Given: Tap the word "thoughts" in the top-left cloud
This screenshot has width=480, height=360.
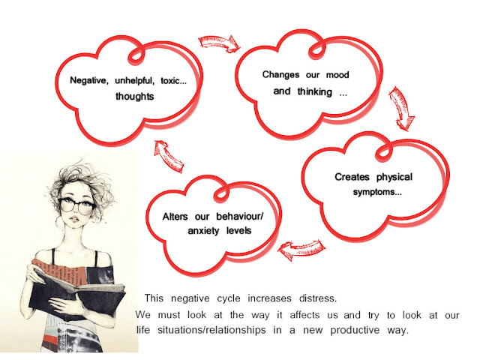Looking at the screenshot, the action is coord(136,97).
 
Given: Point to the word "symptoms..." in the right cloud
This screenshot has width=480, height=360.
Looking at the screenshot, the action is coord(377,193).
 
